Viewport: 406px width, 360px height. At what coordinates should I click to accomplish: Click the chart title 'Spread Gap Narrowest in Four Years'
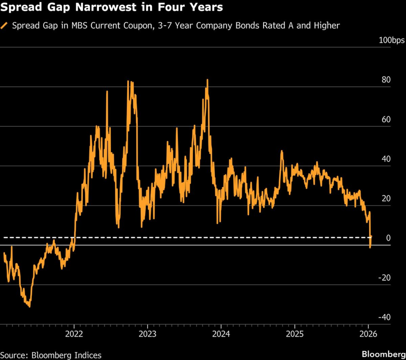(x=112, y=8)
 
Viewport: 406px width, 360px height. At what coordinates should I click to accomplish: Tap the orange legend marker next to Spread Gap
(x=5, y=26)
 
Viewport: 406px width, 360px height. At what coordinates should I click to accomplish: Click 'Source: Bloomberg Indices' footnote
(x=51, y=355)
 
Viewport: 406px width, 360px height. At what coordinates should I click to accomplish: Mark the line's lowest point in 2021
(x=29, y=307)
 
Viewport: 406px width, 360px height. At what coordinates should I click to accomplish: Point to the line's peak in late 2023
(x=207, y=80)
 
